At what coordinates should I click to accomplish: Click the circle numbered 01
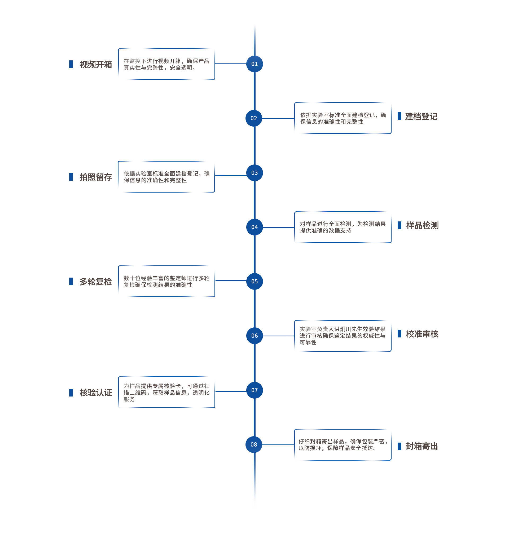coord(254,64)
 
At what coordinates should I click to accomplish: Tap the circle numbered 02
coord(254,118)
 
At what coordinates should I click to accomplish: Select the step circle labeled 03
coord(254,173)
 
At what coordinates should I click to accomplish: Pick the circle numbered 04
coord(254,227)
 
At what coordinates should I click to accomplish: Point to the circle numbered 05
coord(254,282)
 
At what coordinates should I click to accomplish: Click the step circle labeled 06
coord(254,336)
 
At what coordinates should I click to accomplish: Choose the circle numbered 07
coord(254,390)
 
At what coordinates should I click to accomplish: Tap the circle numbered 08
coord(254,444)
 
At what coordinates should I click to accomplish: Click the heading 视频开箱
coord(96,65)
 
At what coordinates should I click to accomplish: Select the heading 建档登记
coord(421,117)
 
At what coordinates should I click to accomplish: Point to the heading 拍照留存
coord(96,177)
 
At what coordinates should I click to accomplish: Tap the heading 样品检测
coord(422,225)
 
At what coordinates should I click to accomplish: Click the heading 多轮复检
coord(96,282)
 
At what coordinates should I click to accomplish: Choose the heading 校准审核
coord(422,334)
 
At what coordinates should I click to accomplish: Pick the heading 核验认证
coord(96,393)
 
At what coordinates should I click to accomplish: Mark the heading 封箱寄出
coord(422,446)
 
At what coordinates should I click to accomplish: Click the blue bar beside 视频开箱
coord(71,64)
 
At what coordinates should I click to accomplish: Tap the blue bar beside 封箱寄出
coord(400,446)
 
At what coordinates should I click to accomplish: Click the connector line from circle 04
coord(279,227)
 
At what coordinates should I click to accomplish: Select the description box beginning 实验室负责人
coord(343,336)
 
